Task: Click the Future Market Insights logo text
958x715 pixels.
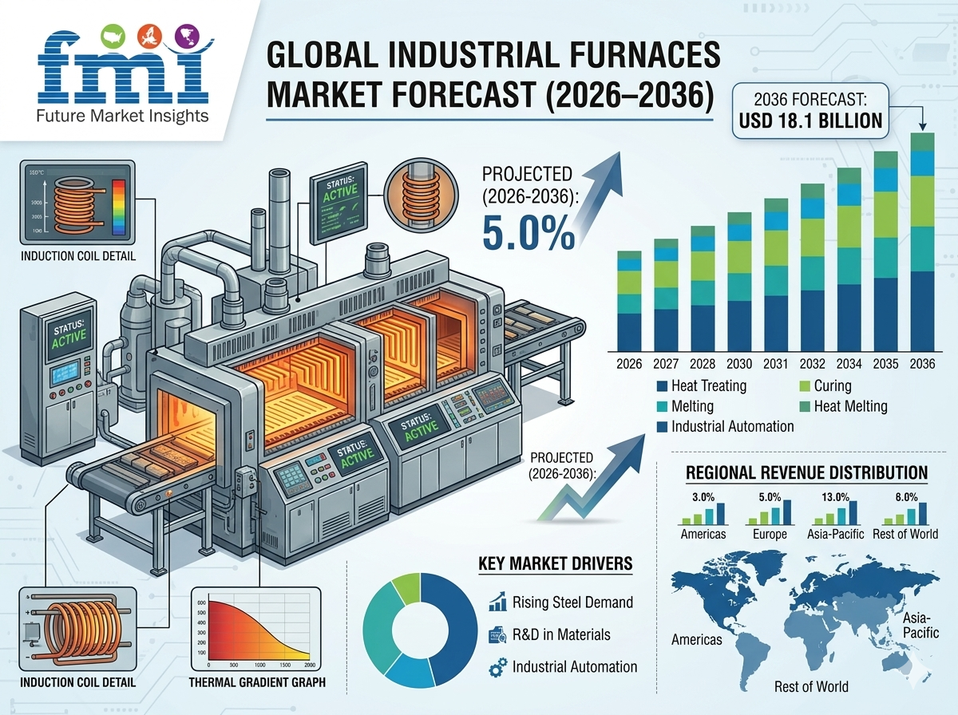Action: pyautogui.click(x=122, y=116)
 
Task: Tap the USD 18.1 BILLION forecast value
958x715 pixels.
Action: pyautogui.click(x=811, y=120)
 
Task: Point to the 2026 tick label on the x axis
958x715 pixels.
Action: pyautogui.click(x=630, y=364)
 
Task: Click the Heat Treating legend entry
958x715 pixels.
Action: pyautogui.click(x=709, y=386)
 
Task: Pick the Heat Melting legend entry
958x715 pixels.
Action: pyautogui.click(x=850, y=406)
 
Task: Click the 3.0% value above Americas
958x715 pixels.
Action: pyautogui.click(x=703, y=496)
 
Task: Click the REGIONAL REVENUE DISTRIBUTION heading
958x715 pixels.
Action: pyautogui.click(x=806, y=473)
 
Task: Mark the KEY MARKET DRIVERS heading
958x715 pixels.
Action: pyautogui.click(x=556, y=564)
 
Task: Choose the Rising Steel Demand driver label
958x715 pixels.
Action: pyautogui.click(x=572, y=602)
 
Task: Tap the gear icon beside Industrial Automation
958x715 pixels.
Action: pyautogui.click(x=497, y=666)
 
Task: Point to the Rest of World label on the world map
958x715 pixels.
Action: pyautogui.click(x=811, y=686)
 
